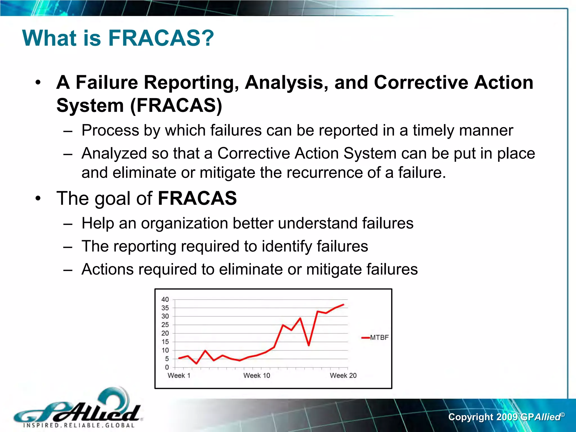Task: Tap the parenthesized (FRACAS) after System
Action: click(176, 105)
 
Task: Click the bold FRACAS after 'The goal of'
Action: click(197, 198)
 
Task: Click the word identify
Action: click(287, 246)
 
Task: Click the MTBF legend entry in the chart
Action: click(379, 337)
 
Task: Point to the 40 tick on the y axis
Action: click(165, 300)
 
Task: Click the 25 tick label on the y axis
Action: click(165, 325)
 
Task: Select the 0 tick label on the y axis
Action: click(167, 367)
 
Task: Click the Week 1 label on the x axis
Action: click(179, 375)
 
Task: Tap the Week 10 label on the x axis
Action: click(256, 375)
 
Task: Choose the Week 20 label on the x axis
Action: click(343, 375)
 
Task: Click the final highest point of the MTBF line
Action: click(343, 305)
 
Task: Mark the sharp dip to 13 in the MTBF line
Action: click(309, 345)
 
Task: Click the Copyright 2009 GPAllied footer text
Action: click(506, 417)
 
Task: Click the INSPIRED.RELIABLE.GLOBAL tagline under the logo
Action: click(79, 425)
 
